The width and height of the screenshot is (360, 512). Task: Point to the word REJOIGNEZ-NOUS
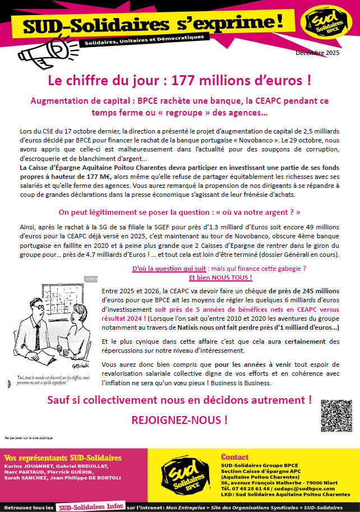tap(179, 419)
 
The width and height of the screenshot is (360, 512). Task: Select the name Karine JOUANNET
tap(26, 465)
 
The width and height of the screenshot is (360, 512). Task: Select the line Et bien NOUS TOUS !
tap(220, 278)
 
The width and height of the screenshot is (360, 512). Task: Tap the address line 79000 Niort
tap(322, 482)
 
